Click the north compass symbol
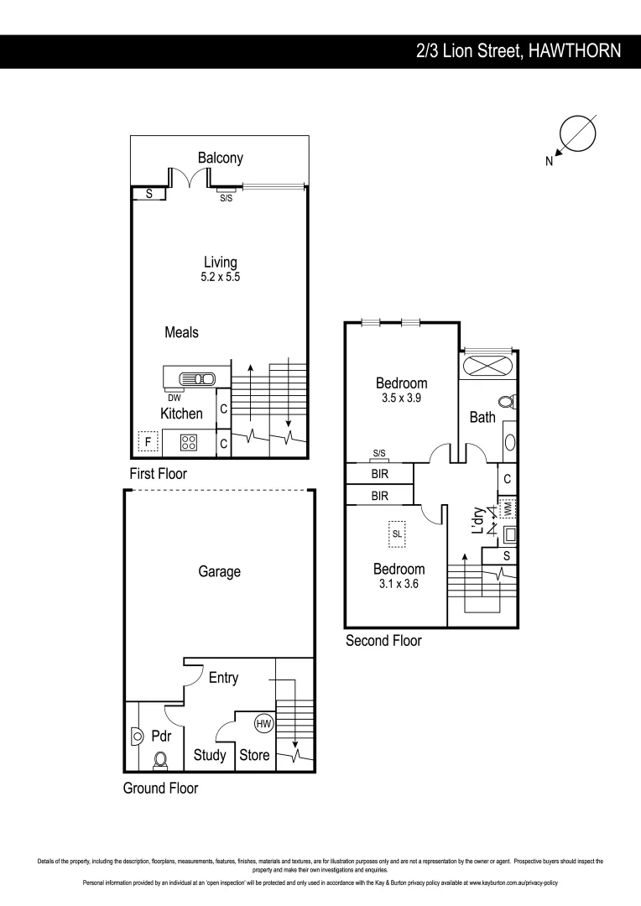tap(577, 134)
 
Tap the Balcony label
tap(221, 158)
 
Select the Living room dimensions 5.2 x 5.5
tap(221, 277)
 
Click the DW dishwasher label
tap(175, 398)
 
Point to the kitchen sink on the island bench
tap(205, 379)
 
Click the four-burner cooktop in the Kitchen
tap(189, 441)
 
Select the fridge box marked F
tap(148, 441)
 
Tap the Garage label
tap(219, 571)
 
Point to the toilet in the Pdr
tap(160, 760)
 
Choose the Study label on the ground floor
tap(210, 755)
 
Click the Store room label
tap(254, 755)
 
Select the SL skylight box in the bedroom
tap(398, 533)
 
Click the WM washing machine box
tap(507, 508)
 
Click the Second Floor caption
tap(383, 641)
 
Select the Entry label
tap(223, 678)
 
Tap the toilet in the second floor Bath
tap(506, 402)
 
